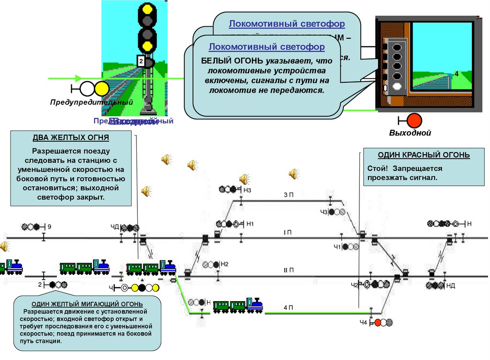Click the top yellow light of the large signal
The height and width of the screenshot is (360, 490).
(146, 10)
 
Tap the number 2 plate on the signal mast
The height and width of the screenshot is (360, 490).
(141, 61)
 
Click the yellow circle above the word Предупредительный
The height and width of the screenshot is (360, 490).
(101, 89)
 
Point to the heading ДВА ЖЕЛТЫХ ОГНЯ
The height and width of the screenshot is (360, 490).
(71, 138)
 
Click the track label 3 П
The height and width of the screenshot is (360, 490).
(288, 194)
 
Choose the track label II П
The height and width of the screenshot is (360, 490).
(288, 270)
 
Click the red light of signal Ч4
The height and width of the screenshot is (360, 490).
(378, 322)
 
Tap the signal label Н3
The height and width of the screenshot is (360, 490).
(247, 190)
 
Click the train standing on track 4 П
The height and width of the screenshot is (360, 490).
(238, 305)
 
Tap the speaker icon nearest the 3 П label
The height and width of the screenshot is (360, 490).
(293, 174)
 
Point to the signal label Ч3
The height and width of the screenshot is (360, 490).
(323, 212)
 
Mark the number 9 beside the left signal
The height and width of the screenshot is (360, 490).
(49, 226)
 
